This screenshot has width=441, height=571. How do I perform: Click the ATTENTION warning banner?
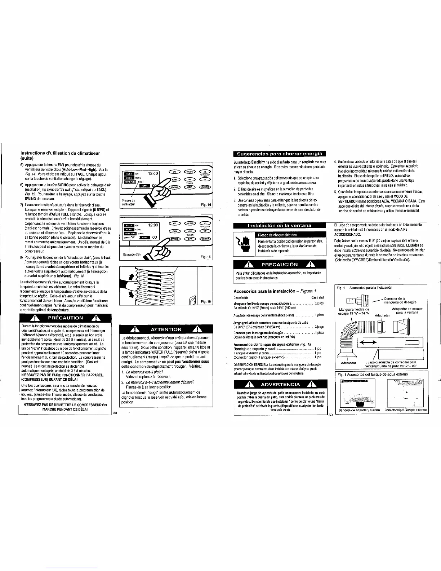click(x=166, y=329)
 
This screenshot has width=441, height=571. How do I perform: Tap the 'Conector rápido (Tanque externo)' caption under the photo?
click(x=406, y=410)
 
